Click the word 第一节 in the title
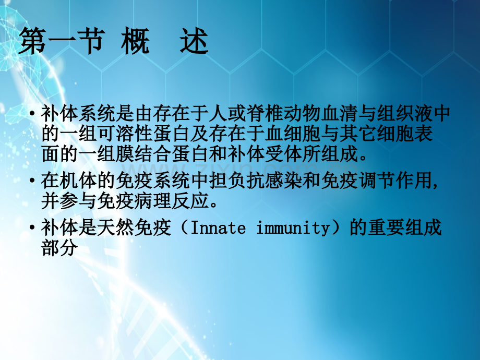tap(61, 42)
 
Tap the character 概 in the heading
tap(135, 42)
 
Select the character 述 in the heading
tap(194, 42)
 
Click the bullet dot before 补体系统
tap(33, 113)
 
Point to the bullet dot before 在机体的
tap(33, 181)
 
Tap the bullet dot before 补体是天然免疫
tap(33, 228)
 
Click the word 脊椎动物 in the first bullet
tap(274, 113)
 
